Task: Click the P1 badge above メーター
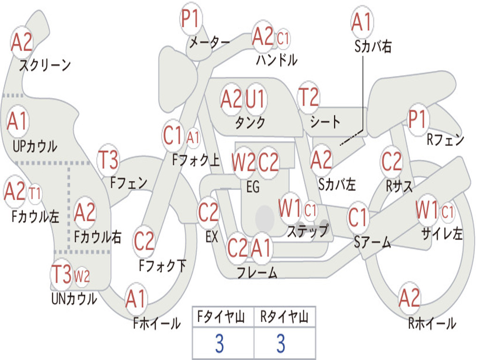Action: coord(190,20)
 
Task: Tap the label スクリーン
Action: coord(45,65)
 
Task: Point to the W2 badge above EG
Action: coord(244,162)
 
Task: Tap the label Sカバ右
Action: coord(373,46)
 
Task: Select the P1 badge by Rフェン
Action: coord(418,120)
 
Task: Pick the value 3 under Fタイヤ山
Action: coord(219,344)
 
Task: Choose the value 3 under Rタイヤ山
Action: coord(281,344)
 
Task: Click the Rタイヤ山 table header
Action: coord(284,317)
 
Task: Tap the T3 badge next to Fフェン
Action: coord(108,161)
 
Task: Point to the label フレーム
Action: coord(257,272)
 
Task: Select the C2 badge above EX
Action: coord(208,213)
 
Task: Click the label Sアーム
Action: coord(372,242)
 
